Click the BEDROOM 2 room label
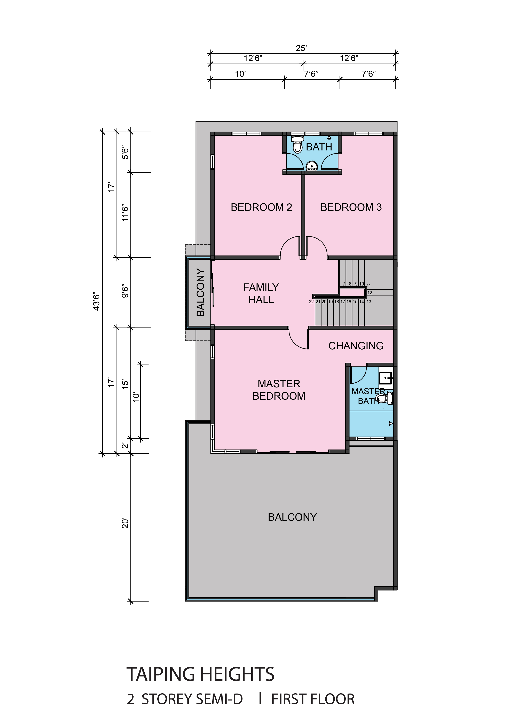pos(261,207)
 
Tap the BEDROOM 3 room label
pos(351,207)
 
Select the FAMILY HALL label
pos(261,293)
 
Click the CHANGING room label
pos(356,346)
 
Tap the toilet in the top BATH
pos(297,144)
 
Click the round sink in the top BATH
pos(312,166)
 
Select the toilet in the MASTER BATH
pos(384,399)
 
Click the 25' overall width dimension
pos(301,48)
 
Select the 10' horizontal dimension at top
pos(240,74)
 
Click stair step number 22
pos(311,302)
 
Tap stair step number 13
pos(369,302)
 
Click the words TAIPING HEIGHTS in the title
pos(200,674)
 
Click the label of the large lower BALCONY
pos(292,517)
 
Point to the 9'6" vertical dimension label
pos(125,291)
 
